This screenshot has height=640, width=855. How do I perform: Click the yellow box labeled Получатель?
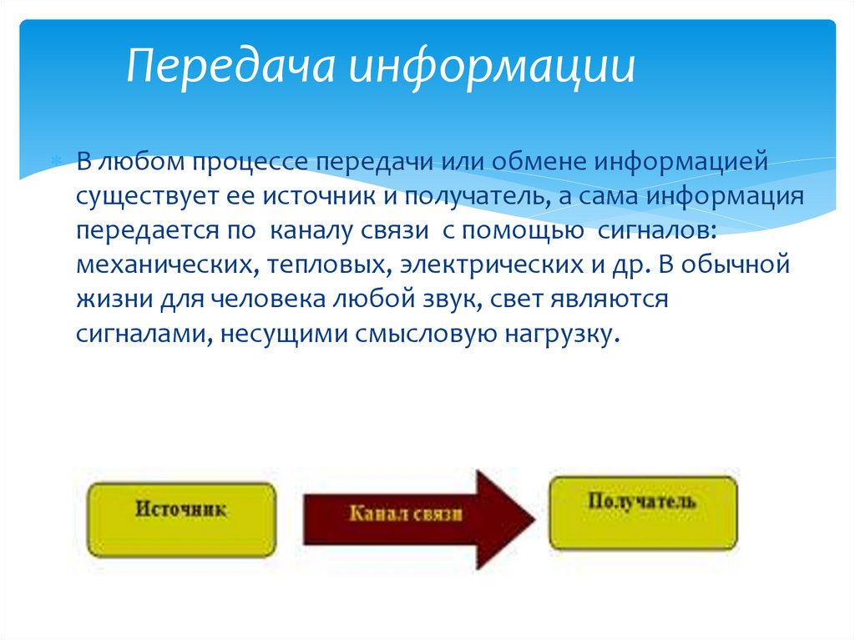[x=642, y=511]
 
